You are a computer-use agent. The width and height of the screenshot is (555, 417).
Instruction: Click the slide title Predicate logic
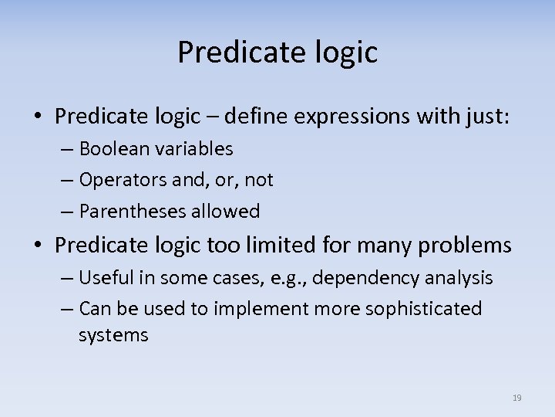(277, 53)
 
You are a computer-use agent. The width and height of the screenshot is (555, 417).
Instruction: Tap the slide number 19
(516, 398)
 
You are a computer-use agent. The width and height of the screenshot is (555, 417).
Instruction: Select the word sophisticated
(417, 309)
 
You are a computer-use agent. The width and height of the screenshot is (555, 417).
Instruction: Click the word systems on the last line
(113, 336)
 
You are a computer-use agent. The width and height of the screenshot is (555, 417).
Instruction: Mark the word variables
(192, 148)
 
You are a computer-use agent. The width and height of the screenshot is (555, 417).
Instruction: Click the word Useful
(106, 277)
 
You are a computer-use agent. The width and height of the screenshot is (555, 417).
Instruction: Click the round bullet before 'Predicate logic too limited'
(39, 246)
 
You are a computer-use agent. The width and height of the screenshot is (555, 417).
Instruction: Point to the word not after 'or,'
(258, 181)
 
